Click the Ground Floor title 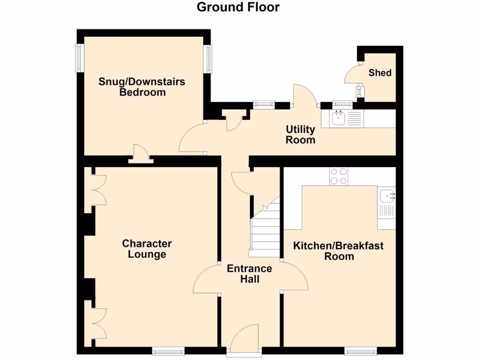[238, 7]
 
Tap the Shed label [380, 73]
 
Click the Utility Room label [300, 135]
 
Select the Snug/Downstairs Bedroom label [142, 87]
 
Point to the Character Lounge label [147, 249]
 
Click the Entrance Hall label [249, 274]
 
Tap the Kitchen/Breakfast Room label [338, 251]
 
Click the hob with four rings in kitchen [339, 176]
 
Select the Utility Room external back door [305, 96]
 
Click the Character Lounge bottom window [168, 350]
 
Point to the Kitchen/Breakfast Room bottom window [360, 350]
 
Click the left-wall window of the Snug [80, 58]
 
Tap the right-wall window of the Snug [208, 58]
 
